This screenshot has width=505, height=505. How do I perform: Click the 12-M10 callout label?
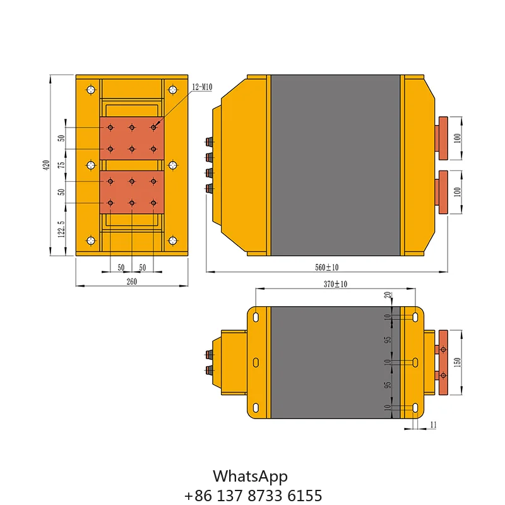click(202, 87)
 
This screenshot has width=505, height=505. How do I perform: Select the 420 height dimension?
click(46, 165)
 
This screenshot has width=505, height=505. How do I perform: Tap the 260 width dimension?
click(132, 282)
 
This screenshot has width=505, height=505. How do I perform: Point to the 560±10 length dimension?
click(326, 267)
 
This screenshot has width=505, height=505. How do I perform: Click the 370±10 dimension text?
click(335, 284)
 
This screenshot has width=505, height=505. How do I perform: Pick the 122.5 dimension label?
click(61, 229)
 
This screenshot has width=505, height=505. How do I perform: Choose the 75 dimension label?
click(61, 165)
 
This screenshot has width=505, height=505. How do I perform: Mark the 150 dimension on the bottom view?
click(457, 362)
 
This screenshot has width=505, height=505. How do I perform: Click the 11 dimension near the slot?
click(433, 425)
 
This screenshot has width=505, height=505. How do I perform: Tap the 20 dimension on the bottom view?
click(388, 295)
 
